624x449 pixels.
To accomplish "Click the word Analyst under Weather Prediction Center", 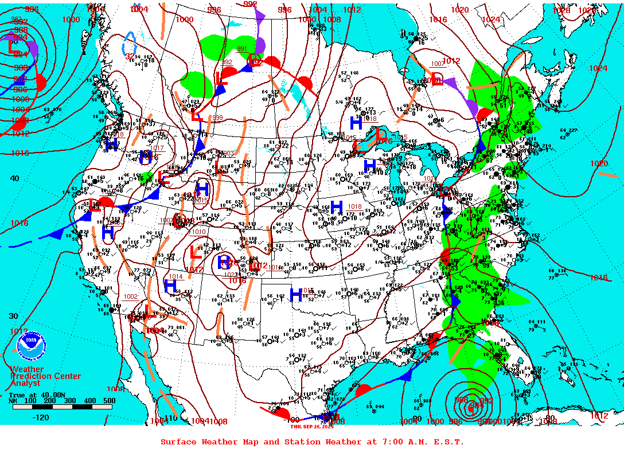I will [x=25, y=383].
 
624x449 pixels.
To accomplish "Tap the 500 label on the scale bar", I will [x=109, y=400].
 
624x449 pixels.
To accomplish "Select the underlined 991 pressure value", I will [x=242, y=49].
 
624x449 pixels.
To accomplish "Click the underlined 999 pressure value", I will [x=217, y=118].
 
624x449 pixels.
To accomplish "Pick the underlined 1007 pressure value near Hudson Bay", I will [x=438, y=64].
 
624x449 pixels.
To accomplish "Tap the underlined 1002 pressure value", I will [x=131, y=296].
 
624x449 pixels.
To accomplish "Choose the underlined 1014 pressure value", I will [x=175, y=276].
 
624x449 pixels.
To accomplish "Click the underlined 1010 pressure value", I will [x=199, y=232].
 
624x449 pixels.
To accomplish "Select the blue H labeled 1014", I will [x=170, y=285].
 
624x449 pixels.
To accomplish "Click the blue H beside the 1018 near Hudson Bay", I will [x=356, y=123].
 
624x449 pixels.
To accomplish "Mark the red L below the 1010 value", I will [x=195, y=251].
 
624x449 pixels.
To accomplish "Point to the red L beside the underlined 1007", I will [x=437, y=77].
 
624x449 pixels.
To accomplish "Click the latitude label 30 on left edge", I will [x=14, y=316].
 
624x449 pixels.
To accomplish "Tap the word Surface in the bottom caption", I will [x=178, y=442].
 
